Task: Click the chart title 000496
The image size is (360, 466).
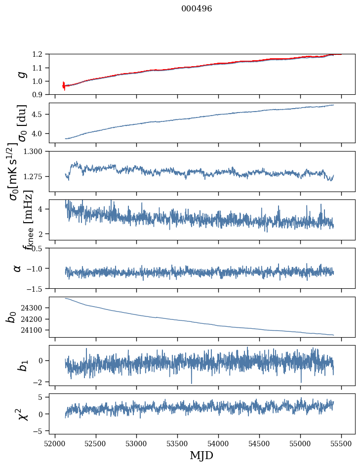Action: point(197,9)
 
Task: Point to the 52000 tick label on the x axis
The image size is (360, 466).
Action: point(55,443)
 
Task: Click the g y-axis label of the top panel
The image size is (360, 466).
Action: point(21,74)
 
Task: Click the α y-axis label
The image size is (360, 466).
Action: point(17,268)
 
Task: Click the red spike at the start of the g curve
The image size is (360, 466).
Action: point(64,85)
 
